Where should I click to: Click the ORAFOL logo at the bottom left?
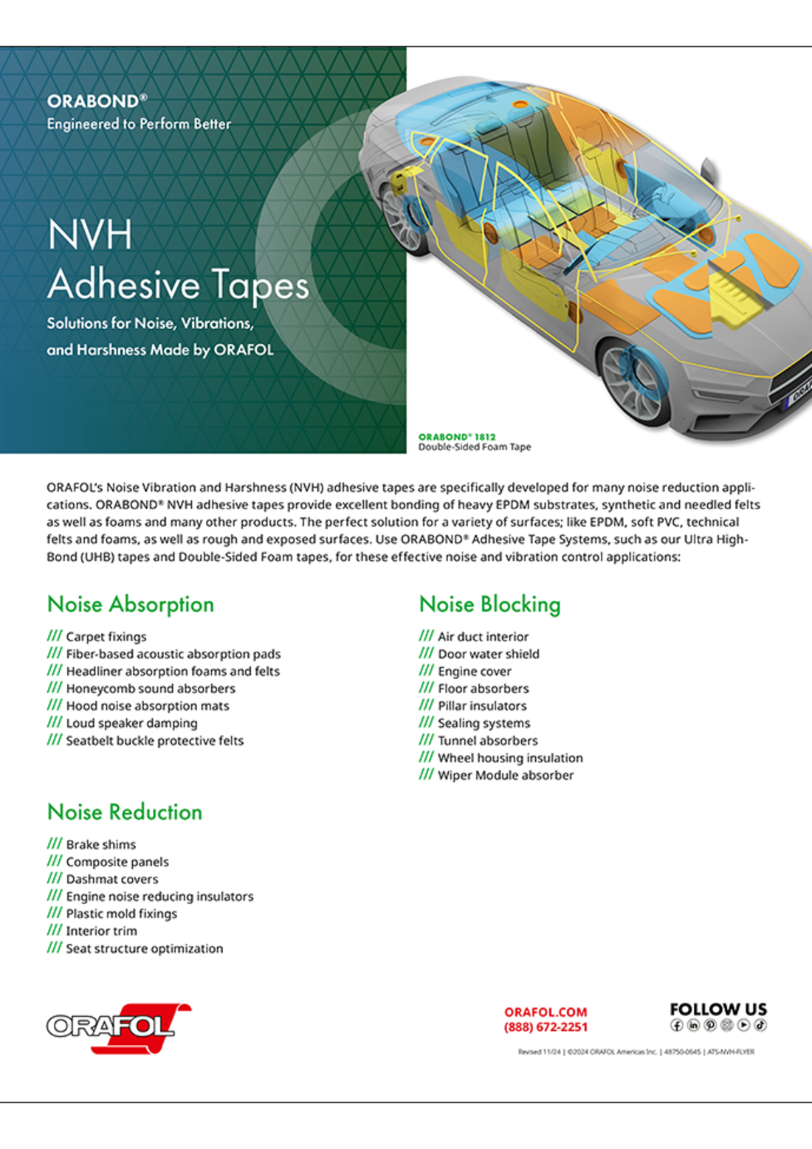[x=118, y=1027]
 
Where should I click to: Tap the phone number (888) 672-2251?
[x=546, y=1027]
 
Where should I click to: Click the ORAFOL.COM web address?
[x=546, y=1012]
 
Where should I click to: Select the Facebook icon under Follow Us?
[x=676, y=1025]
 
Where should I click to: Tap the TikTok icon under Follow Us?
[x=760, y=1025]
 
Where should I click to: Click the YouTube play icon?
[x=743, y=1025]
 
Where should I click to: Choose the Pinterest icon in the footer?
[x=710, y=1025]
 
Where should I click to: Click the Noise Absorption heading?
[x=131, y=604]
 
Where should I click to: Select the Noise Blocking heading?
[x=489, y=604]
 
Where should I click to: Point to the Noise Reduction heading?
[x=125, y=812]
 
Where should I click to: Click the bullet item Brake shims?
[x=100, y=844]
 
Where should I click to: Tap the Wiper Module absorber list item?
[x=505, y=776]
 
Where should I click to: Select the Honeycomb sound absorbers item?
[x=151, y=689]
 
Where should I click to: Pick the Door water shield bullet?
[x=488, y=654]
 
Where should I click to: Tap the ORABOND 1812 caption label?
[x=457, y=437]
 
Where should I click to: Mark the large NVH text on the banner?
[x=90, y=235]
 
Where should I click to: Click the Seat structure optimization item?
[x=144, y=948]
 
